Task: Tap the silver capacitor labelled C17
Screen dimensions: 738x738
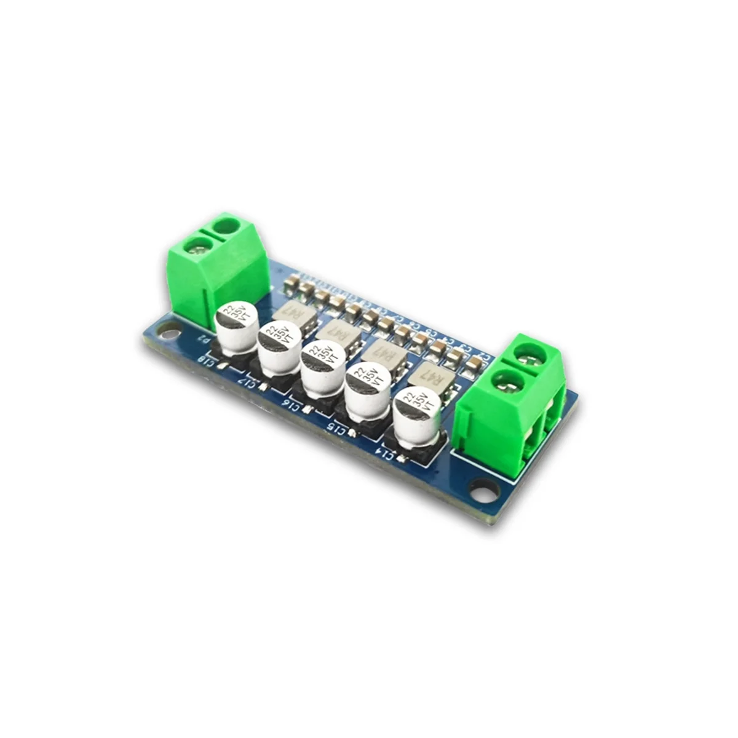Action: pos(280,347)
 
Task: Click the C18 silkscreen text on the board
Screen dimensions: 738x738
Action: pos(208,362)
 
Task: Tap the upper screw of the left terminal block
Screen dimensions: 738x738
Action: pos(226,226)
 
